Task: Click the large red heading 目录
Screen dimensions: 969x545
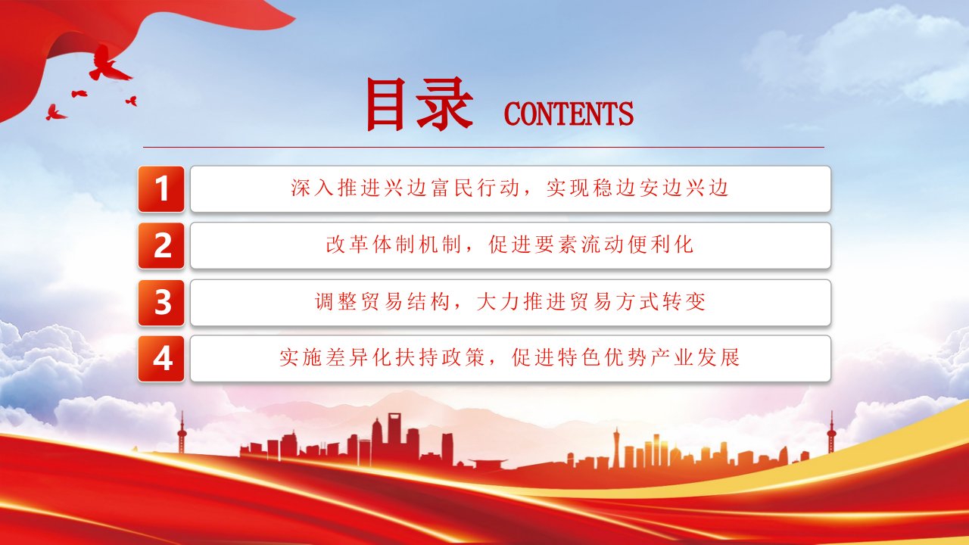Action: [x=419, y=104]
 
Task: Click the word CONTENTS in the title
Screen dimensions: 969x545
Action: [x=569, y=114]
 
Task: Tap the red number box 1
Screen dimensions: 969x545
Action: [x=161, y=189]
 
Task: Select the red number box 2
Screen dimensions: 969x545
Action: [x=161, y=246]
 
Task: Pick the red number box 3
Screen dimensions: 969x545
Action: [x=161, y=302]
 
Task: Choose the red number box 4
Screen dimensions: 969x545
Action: [x=161, y=359]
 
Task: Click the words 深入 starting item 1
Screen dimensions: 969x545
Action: [x=313, y=188]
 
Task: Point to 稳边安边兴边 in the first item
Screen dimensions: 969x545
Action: [x=638, y=188]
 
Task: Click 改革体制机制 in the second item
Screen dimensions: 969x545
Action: [x=393, y=244]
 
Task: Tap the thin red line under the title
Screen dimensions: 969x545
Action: [x=484, y=147]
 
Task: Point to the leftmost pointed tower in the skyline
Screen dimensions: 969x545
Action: [x=182, y=432]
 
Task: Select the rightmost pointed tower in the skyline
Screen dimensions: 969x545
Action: [x=830, y=432]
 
